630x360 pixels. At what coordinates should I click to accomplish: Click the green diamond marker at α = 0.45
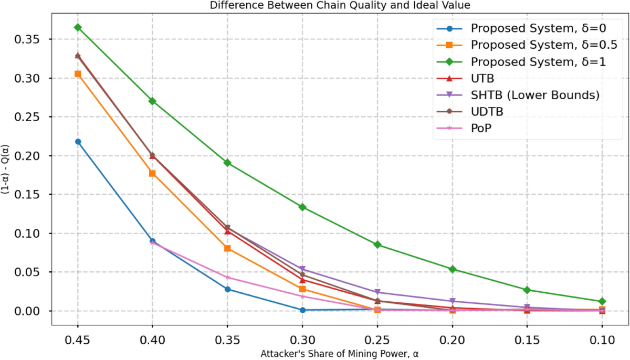(78, 27)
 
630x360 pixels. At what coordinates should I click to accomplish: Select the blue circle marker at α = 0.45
(78, 142)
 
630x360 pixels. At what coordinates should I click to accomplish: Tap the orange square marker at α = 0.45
(78, 74)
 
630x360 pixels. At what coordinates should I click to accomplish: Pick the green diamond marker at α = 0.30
(302, 207)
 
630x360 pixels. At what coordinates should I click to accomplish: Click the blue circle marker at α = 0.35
(227, 289)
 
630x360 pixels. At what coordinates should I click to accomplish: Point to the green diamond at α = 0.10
(602, 302)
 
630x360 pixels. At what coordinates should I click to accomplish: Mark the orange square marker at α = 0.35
(227, 248)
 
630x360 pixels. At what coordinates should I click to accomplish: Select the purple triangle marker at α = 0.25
(377, 292)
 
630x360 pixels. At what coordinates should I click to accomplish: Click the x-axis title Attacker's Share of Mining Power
(340, 354)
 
